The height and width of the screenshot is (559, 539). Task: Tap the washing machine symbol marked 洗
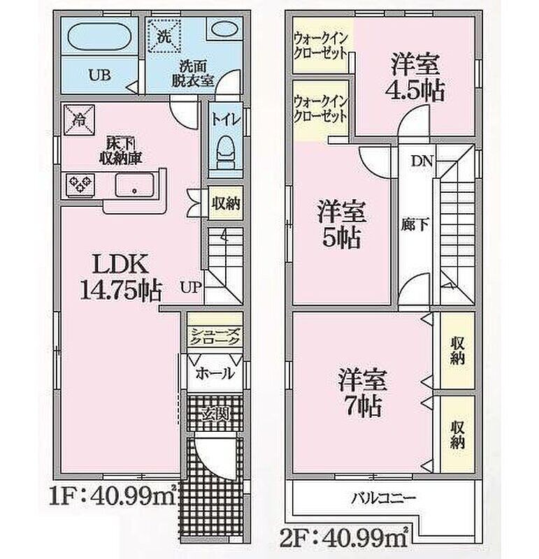164,36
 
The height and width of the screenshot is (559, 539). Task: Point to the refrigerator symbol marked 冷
79,119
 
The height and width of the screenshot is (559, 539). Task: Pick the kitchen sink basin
134,185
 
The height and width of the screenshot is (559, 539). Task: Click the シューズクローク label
215,336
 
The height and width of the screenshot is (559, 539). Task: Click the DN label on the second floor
422,161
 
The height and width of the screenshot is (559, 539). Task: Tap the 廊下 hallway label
415,224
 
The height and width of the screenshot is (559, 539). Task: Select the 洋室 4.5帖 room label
415,78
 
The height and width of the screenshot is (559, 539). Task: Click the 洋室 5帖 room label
342,224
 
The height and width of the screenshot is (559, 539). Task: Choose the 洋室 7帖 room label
362,393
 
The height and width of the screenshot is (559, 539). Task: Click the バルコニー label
384,498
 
